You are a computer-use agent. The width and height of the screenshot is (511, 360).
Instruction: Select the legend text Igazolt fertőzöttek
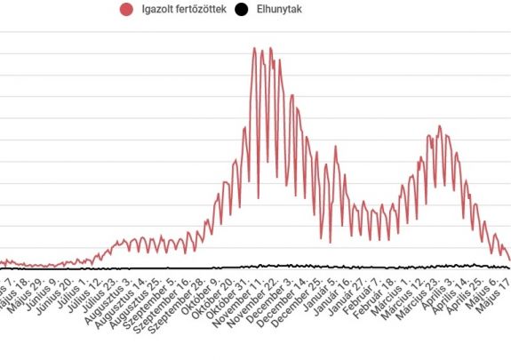point(183,10)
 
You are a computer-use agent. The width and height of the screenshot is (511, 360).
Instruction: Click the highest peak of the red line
point(254,48)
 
